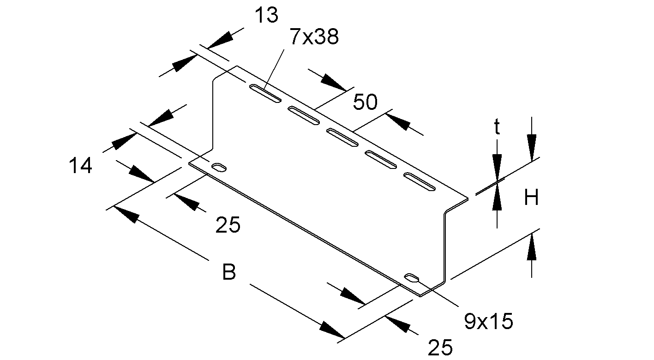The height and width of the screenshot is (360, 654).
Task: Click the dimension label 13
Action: point(266,15)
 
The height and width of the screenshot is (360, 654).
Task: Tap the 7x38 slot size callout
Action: point(314,36)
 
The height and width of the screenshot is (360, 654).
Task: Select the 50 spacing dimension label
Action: point(365,102)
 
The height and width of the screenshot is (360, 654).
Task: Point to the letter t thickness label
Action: point(497,128)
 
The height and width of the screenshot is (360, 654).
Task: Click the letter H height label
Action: point(531,198)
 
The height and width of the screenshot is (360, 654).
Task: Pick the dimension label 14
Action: point(80,165)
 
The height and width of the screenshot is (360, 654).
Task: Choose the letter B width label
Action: point(229,272)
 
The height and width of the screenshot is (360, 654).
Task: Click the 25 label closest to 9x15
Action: point(440,348)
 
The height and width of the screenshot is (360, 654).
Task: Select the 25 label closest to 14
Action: point(228,225)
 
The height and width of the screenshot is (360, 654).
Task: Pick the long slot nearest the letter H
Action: point(420,181)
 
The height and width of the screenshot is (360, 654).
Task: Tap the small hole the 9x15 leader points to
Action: point(412,277)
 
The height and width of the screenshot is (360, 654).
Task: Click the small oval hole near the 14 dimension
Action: point(219,167)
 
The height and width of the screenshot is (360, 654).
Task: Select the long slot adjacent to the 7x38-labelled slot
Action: point(304,115)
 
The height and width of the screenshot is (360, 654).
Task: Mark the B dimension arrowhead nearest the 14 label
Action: point(126,214)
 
